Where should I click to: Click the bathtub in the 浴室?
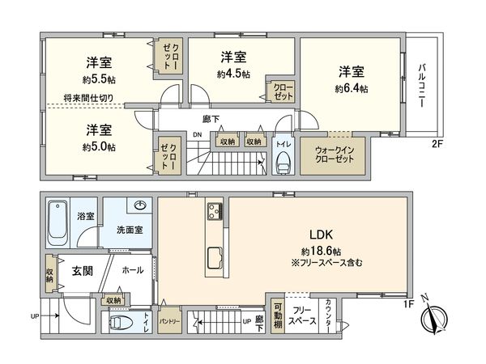(57, 221)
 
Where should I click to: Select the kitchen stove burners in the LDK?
(215, 212)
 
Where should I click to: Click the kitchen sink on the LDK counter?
(215, 256)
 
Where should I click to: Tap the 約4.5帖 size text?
(233, 74)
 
